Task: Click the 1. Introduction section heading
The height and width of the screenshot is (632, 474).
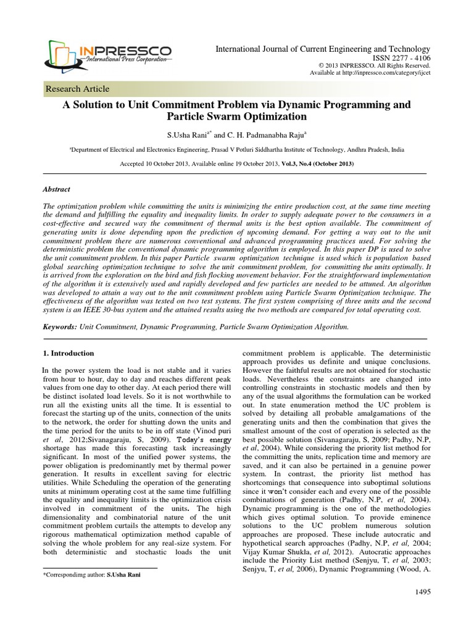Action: (69, 353)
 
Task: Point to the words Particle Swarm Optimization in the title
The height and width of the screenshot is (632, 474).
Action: (236, 116)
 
